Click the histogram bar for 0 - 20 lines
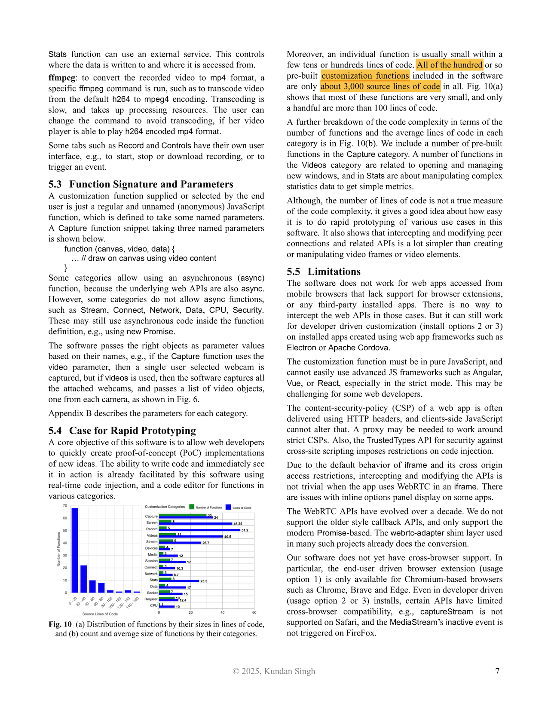75,550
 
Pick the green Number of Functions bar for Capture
185,515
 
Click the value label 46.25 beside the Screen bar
238,524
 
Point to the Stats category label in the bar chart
153,580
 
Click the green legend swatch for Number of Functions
192,507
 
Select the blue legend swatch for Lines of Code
228,507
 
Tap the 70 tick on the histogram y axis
65,506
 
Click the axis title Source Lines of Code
100,614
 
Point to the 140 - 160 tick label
133,602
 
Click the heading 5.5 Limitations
324,272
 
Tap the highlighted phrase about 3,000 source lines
380,86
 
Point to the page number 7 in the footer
497,671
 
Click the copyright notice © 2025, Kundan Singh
274,671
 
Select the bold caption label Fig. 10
60,624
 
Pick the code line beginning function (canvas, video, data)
119,249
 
